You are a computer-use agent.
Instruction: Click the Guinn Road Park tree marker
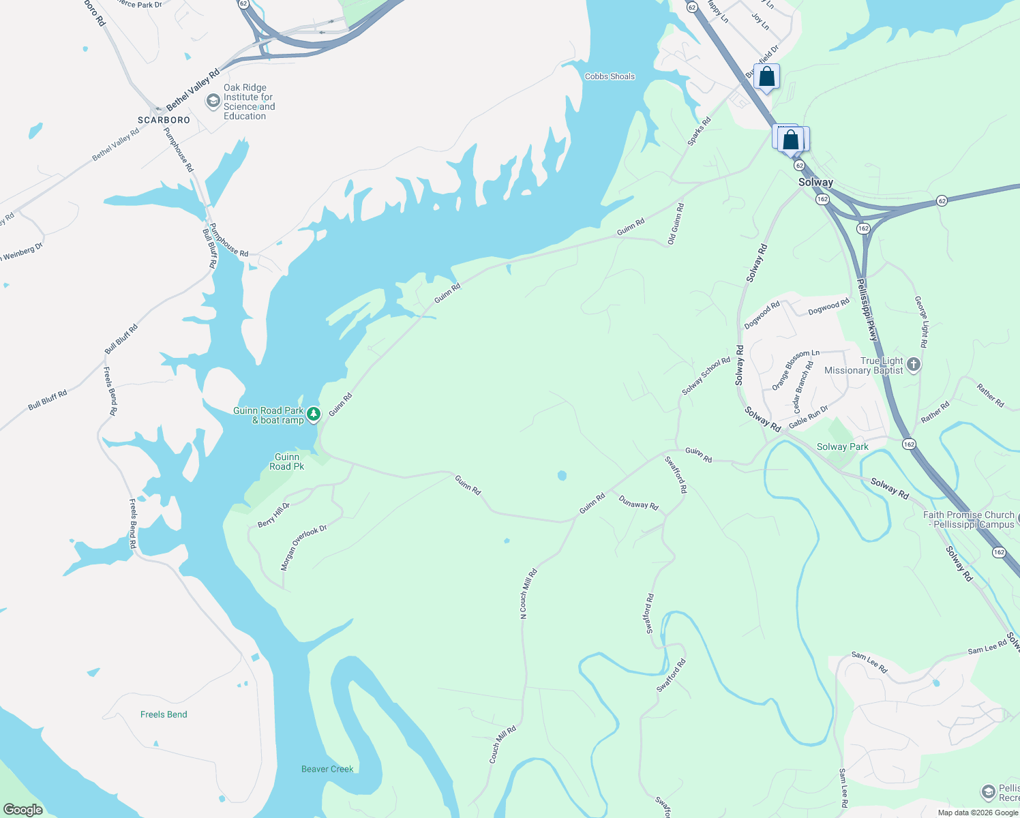tap(313, 414)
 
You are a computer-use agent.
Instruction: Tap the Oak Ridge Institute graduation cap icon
tap(213, 101)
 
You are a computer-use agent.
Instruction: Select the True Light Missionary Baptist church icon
tap(914, 365)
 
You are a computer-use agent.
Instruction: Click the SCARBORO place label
tap(164, 120)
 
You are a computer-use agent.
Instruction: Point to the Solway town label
tap(815, 182)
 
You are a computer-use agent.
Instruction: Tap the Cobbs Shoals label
tap(610, 76)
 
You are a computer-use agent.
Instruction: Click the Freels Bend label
tap(164, 714)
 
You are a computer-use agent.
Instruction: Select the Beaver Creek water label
tap(327, 769)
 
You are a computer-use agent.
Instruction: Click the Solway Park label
tap(843, 446)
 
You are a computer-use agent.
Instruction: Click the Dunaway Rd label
tap(638, 503)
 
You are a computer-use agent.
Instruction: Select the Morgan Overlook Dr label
tap(303, 547)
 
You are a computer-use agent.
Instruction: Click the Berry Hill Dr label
tap(273, 515)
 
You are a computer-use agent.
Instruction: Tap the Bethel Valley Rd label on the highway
tap(193, 89)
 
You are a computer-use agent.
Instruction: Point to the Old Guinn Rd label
tap(675, 224)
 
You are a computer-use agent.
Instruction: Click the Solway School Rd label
tap(706, 376)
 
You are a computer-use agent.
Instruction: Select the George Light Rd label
tap(921, 321)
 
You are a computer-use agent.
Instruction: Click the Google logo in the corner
tap(23, 810)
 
